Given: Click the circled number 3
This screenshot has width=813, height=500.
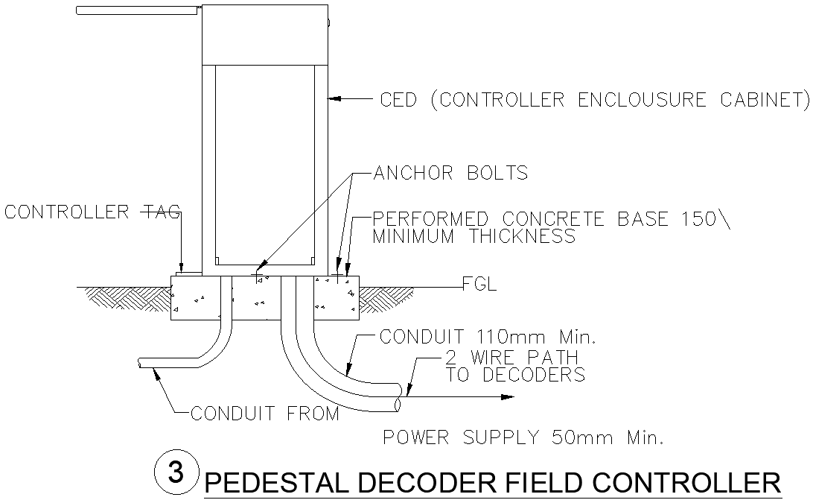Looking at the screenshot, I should tap(176, 472).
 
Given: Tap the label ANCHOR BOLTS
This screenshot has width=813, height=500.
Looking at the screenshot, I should tap(450, 174).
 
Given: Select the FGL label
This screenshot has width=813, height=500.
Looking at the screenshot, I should tap(479, 285).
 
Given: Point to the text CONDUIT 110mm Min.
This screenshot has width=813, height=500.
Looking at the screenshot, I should tap(488, 337).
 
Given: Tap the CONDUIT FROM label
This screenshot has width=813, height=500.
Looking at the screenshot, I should tap(265, 414).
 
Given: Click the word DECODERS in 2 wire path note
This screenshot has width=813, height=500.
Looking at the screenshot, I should tap(533, 375).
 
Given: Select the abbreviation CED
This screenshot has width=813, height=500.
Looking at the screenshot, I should tap(399, 100).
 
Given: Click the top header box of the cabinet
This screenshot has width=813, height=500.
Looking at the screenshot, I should tap(265, 34).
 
